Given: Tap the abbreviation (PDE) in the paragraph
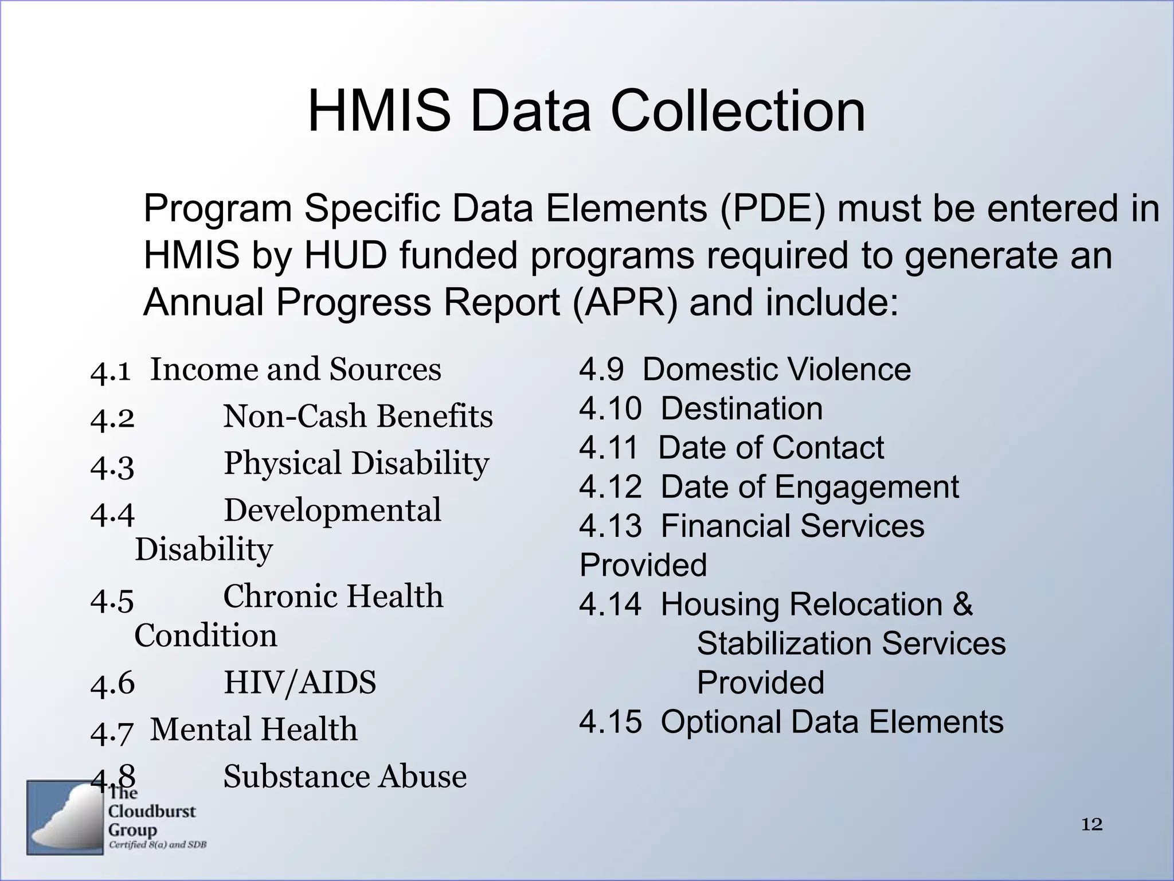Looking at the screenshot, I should tap(773, 208).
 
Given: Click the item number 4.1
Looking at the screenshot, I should tap(111, 371).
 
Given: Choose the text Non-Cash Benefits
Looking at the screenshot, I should tap(358, 416).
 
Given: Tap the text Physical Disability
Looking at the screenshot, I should tap(356, 463).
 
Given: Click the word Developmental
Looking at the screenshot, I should tap(332, 510).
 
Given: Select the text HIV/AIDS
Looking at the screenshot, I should tap(299, 683).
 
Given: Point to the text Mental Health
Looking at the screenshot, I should tap(253, 730).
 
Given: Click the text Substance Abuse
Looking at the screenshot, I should tap(345, 777).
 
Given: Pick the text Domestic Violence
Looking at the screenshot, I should tap(776, 369).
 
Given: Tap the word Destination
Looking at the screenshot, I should tap(741, 408).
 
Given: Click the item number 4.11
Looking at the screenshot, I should tap(608, 447).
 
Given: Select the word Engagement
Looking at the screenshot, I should tap(867, 487).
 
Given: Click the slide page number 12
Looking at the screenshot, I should tap(1091, 825).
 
